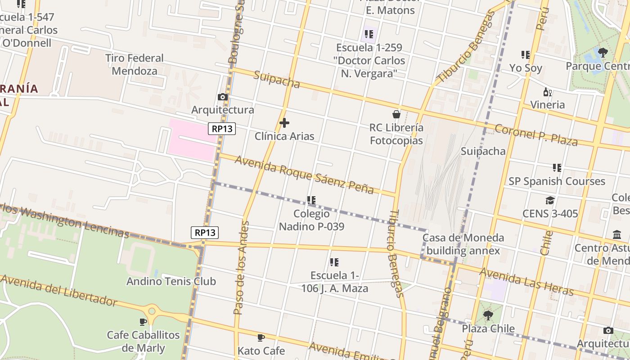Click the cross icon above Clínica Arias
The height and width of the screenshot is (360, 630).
pos(284,122)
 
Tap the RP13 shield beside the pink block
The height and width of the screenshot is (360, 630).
pos(222,129)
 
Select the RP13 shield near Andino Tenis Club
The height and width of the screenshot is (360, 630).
pos(205,232)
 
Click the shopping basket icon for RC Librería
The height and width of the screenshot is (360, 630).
pos(396,114)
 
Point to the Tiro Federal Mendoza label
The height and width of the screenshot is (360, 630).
pos(135,64)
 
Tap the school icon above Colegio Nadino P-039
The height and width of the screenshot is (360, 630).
pos(311,200)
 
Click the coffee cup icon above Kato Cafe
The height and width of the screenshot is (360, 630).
pos(261,337)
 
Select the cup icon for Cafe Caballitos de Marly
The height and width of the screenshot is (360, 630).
pos(143,322)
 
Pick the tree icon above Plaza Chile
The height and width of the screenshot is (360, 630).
pos(488,315)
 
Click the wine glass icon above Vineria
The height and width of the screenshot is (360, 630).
pos(547,92)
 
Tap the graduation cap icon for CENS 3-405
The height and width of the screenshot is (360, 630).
pos(550,200)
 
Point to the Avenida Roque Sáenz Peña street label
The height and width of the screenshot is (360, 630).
pos(304,175)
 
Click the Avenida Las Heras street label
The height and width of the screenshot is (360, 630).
pos(526,282)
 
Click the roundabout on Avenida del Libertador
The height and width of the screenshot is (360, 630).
pos(152,310)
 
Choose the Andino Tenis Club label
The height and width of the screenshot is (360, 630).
pos(171,281)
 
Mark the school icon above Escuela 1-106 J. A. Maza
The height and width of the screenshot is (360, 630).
pos(334,262)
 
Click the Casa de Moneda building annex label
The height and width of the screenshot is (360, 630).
pos(463,244)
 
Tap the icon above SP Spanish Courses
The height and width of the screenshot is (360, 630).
pos(557,168)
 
